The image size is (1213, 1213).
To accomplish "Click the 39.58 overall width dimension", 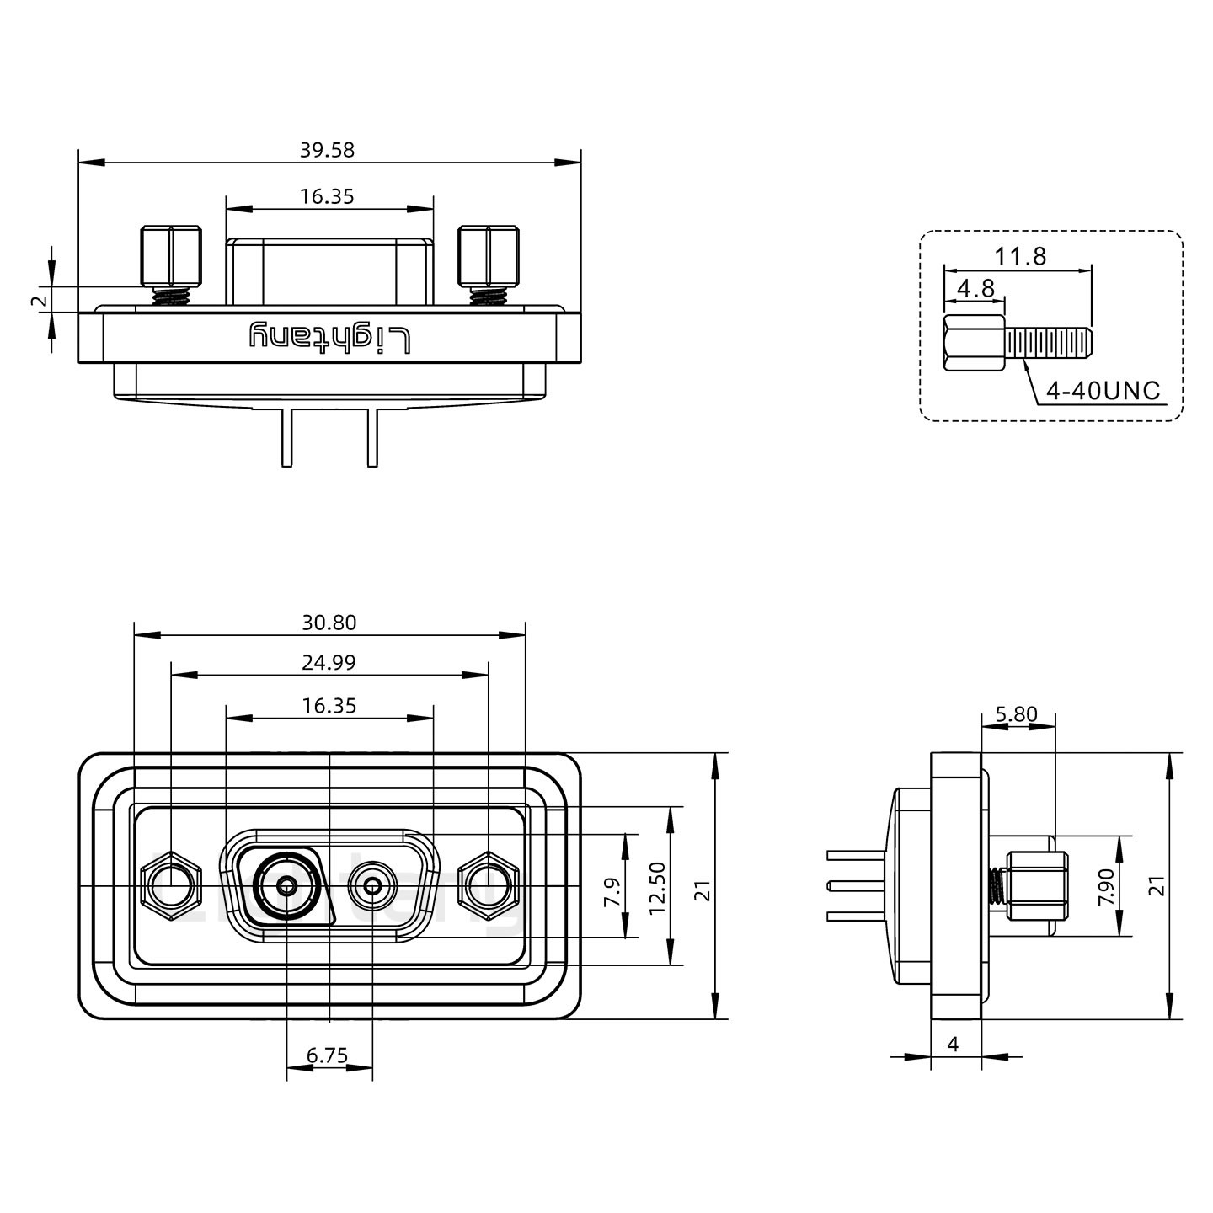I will point(327,150).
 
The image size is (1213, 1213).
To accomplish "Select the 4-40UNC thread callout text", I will point(1103,391).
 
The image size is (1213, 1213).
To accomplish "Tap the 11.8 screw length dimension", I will point(1021,256).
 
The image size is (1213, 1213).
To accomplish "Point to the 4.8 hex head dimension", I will point(976,289).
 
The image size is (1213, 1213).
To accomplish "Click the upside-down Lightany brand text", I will point(329,338).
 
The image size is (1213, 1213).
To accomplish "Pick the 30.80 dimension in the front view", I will point(329,623).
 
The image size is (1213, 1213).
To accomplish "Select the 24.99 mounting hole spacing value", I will point(329,662).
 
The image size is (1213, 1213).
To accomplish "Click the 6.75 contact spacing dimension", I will point(328,1055).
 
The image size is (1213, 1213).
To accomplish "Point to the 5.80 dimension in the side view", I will point(1016,715).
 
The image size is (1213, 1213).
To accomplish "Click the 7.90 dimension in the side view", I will point(1107,886).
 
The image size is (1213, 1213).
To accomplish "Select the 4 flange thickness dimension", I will point(954,1045).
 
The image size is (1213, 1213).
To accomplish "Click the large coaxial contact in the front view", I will point(287,886).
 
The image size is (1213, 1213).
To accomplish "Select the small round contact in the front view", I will point(372,886).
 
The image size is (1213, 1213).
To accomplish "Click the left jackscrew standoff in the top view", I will point(171,256).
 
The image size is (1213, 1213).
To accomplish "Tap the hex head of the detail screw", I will point(974,344).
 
